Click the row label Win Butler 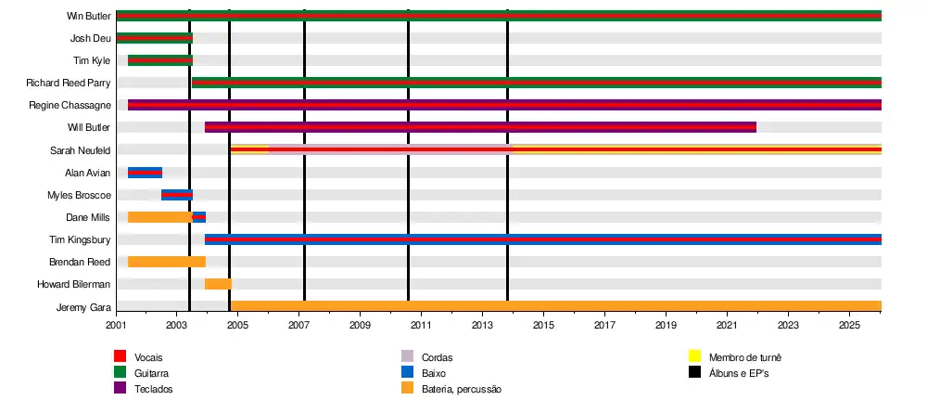coord(89,16)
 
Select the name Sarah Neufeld coord(81,150)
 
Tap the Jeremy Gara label coord(85,307)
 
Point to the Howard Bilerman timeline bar coord(218,284)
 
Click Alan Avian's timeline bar coord(145,173)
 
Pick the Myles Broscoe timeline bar coord(177,195)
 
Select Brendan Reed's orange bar coord(167,262)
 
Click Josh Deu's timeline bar coord(154,38)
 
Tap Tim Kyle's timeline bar coord(160,60)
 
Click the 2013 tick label coord(483,326)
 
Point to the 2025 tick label coord(849,326)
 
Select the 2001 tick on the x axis coord(117,326)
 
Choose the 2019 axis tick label coord(667,326)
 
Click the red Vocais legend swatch coord(120,356)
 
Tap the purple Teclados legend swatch coord(120,389)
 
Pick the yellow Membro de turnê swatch coord(694,356)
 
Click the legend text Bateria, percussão coord(461,389)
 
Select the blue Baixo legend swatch coord(407,372)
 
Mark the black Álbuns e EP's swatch coord(694,372)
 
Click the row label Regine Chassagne coord(70,106)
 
